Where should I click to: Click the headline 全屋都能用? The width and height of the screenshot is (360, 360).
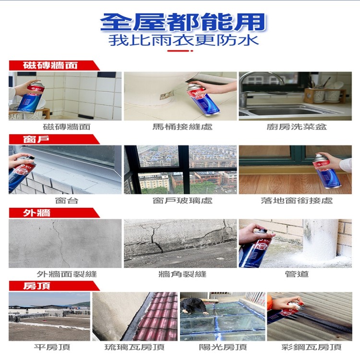[x=183, y=21]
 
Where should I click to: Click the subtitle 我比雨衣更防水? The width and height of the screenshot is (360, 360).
[x=183, y=39]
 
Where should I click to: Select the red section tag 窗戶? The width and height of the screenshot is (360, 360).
[x=36, y=139]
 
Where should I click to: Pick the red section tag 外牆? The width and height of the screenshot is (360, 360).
[x=36, y=213]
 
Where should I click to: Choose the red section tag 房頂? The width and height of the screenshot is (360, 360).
[x=36, y=286]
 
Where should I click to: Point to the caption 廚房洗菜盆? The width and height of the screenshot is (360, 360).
[x=297, y=127]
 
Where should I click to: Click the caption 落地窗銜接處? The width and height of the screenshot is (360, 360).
[x=297, y=200]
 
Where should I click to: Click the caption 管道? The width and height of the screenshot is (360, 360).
[x=297, y=274]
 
